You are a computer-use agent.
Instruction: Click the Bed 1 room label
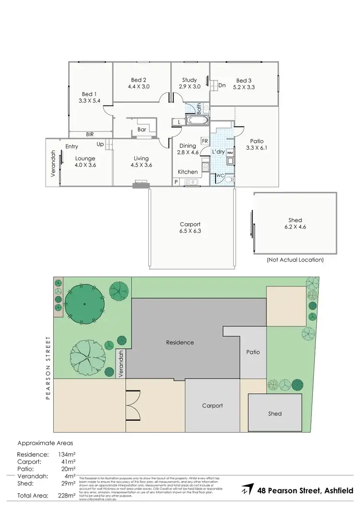click(89, 94)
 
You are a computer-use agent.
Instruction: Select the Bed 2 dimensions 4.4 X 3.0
click(139, 87)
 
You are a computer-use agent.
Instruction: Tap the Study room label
click(189, 80)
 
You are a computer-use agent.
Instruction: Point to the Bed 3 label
click(243, 81)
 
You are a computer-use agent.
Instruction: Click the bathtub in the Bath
click(197, 120)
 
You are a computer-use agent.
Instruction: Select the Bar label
click(142, 130)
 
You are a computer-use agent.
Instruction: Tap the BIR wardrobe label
click(90, 135)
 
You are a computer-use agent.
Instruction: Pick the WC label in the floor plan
click(219, 176)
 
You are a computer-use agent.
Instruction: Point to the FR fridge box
click(204, 141)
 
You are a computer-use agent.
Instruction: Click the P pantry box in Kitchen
click(176, 182)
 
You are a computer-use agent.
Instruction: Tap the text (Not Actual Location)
click(295, 260)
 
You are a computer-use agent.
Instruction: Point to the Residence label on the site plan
click(180, 343)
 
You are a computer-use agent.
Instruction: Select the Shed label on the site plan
click(275, 414)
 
